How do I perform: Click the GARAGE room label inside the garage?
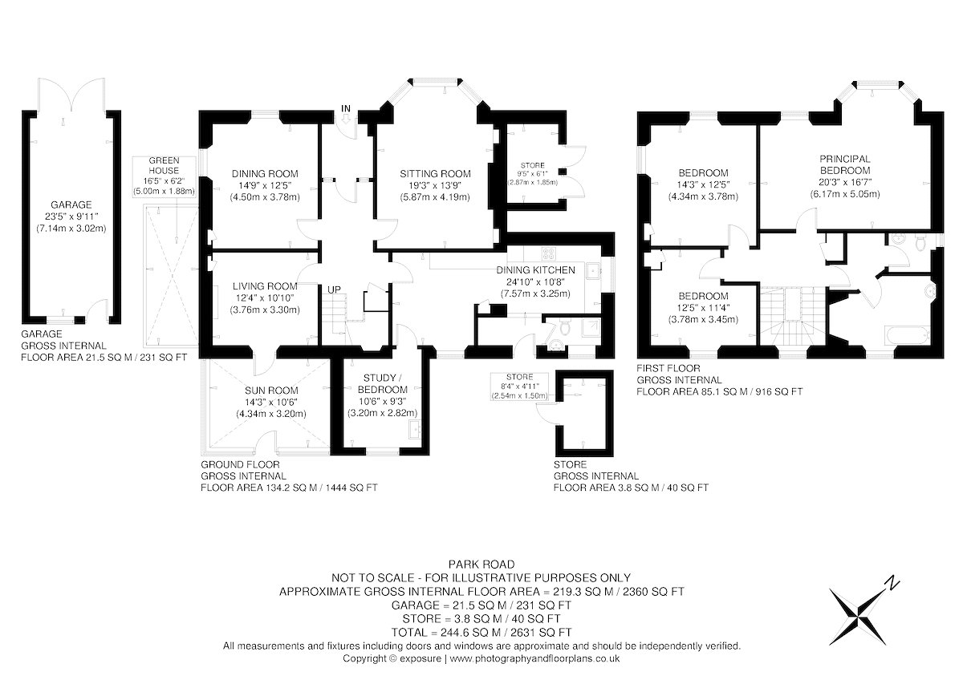click(x=71, y=204)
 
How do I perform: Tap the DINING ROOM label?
click(x=265, y=173)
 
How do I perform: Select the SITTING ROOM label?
click(x=435, y=173)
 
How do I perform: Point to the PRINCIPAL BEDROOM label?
click(x=845, y=164)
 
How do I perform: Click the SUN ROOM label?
click(x=271, y=391)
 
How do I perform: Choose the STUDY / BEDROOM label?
click(x=383, y=383)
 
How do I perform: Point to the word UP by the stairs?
click(x=334, y=290)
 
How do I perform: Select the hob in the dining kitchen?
click(x=549, y=253)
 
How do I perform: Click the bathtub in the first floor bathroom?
click(x=907, y=335)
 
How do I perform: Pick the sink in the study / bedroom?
click(x=416, y=428)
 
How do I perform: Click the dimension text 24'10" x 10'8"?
click(x=535, y=281)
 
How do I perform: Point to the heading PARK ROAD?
click(x=481, y=564)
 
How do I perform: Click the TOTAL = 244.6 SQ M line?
click(x=481, y=633)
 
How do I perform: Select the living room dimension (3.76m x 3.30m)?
click(x=265, y=310)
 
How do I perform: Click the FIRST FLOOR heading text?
click(x=668, y=368)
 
